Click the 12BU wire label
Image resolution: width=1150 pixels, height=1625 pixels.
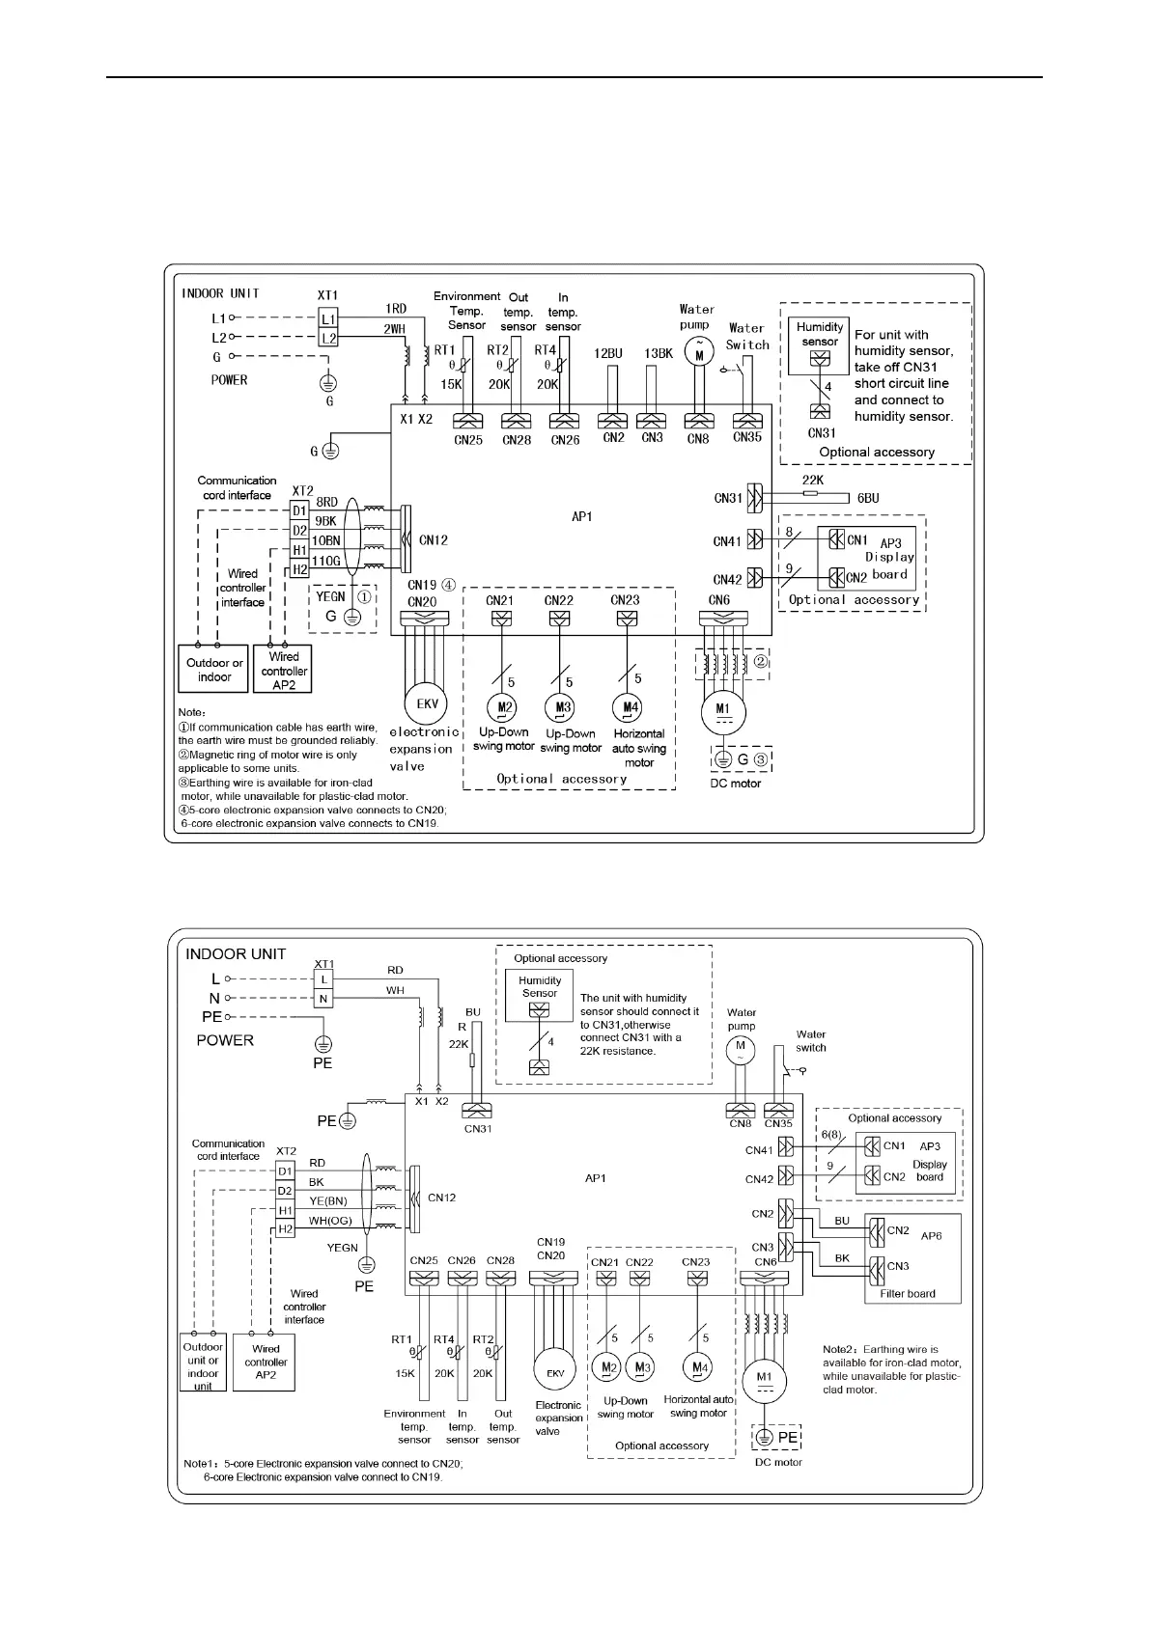(608, 353)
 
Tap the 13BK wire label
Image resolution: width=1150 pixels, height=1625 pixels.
(659, 353)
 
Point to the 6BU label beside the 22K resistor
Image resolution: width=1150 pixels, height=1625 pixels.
(868, 499)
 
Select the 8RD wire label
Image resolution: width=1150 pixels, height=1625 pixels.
(327, 502)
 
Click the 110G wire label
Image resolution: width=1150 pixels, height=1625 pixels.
(325, 561)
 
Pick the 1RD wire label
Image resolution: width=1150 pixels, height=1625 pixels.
(395, 309)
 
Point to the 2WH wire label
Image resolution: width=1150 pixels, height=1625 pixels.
(394, 329)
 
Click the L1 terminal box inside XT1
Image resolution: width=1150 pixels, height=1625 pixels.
(328, 318)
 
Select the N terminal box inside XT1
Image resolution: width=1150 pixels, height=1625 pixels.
(323, 999)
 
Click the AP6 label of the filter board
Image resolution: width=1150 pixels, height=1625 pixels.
(931, 1235)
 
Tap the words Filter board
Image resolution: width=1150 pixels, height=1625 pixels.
(908, 1294)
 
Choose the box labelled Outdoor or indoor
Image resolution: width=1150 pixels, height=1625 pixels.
(214, 670)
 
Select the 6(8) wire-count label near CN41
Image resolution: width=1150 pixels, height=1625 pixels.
(830, 1135)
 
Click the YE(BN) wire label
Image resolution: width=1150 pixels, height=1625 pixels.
(327, 1201)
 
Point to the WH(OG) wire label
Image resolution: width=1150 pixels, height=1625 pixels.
(329, 1221)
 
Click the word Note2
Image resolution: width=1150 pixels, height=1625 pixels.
(840, 1350)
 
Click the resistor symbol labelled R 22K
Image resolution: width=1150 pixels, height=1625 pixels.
(472, 1060)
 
